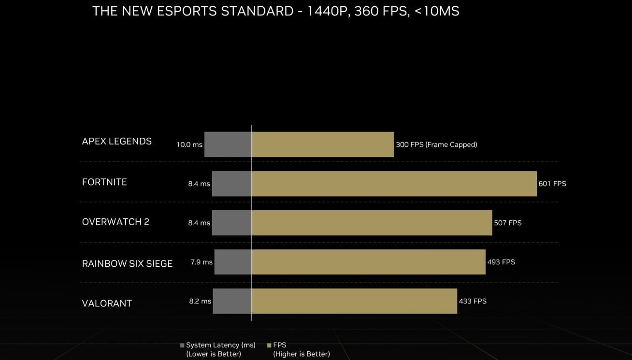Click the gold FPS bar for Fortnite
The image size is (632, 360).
[x=394, y=184]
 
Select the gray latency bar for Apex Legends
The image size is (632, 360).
[x=228, y=144]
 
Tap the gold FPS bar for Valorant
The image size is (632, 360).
[x=355, y=301]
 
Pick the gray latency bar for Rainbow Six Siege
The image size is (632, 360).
[x=233, y=262]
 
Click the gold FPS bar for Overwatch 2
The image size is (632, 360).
[x=372, y=223]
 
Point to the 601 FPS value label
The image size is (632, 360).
[x=552, y=184]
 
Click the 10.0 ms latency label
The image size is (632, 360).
[x=189, y=145]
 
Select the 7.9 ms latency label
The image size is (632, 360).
[x=201, y=262]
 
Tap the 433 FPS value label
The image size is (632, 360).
[x=473, y=301]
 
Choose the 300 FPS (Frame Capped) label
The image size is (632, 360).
[x=436, y=145]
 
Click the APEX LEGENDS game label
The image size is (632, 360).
[x=117, y=142]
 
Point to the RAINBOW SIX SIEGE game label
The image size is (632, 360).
[x=127, y=263]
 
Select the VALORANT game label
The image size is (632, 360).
[x=107, y=303]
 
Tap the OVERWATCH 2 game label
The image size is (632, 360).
[x=115, y=222]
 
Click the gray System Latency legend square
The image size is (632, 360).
[x=182, y=346]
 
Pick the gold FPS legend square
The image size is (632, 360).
[x=269, y=346]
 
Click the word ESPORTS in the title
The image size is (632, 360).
[x=187, y=11]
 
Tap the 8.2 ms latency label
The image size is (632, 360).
[x=200, y=302]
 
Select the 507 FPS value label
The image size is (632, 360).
[x=508, y=223]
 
